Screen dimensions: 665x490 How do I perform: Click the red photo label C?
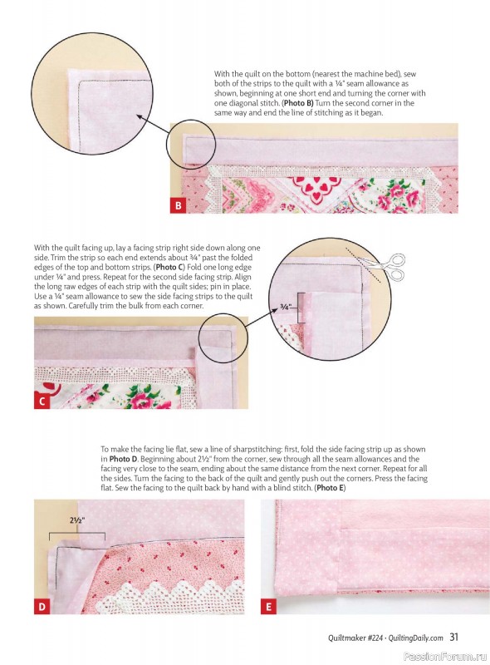click(x=42, y=401)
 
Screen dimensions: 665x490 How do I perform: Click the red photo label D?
click(x=42, y=607)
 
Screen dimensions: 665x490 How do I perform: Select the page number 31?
click(x=454, y=638)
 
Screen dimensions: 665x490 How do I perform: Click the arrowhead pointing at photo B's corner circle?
click(x=134, y=119)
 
